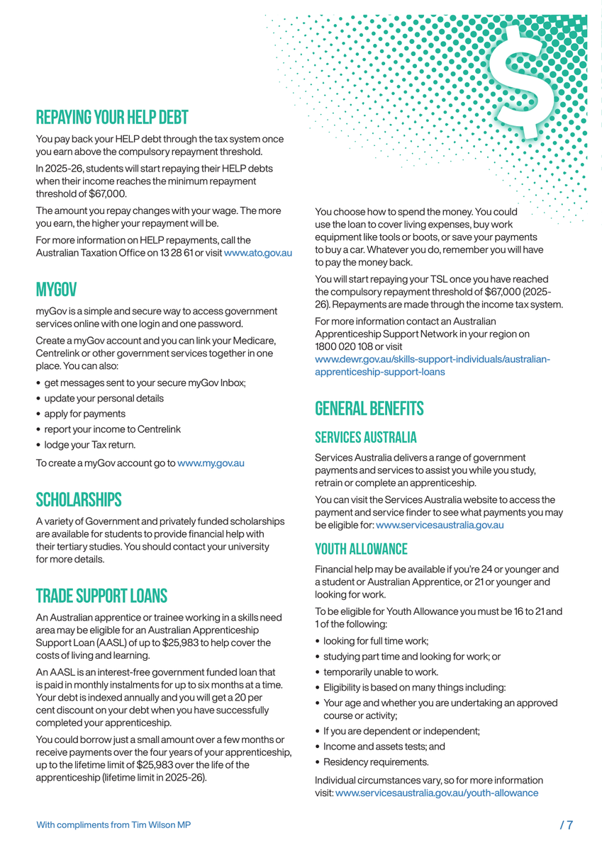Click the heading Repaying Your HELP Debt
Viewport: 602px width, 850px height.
click(x=112, y=116)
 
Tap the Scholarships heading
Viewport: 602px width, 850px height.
click(x=79, y=499)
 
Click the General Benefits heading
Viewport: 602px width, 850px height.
click(x=369, y=409)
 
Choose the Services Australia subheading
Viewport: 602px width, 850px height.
click(x=365, y=437)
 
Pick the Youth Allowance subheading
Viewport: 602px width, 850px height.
click(x=361, y=549)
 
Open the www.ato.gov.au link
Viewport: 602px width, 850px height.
click(x=257, y=253)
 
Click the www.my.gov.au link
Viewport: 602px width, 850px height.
click(x=211, y=463)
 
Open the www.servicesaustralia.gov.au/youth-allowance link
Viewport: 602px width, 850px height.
click(x=436, y=793)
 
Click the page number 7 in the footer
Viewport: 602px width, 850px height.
click(x=566, y=824)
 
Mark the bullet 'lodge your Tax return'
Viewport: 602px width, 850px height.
click(x=89, y=445)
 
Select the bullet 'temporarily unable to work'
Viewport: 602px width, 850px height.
click(x=381, y=672)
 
